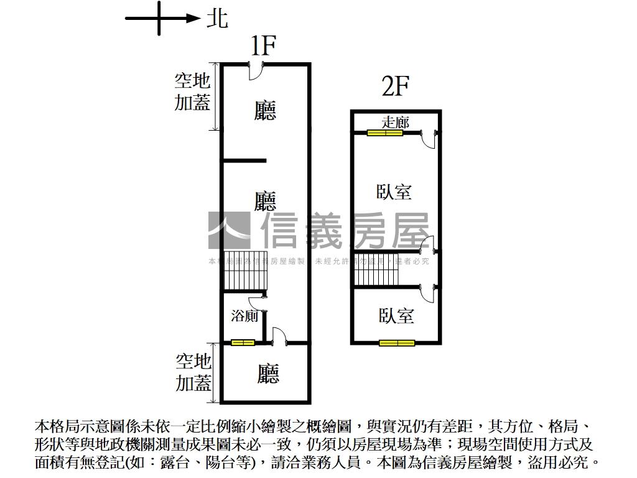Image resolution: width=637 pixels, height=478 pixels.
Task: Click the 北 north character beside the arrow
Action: click(217, 19)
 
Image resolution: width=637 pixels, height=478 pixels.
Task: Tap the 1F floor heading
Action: click(263, 46)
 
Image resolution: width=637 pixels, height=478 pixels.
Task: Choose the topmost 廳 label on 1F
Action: click(266, 111)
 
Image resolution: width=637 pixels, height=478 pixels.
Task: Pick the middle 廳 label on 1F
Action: click(266, 201)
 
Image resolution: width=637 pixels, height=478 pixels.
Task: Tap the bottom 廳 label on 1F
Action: click(268, 373)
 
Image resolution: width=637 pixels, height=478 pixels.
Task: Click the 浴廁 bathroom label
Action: click(244, 316)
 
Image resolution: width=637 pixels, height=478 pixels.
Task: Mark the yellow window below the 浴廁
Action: click(243, 342)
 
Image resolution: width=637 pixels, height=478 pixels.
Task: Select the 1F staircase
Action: click(244, 274)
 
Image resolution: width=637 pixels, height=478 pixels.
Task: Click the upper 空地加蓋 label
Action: click(192, 91)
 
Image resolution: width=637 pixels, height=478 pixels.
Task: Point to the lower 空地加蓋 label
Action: click(193, 372)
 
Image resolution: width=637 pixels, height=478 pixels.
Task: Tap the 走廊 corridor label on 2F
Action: click(395, 122)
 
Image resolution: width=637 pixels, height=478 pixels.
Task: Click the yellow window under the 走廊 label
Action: click(384, 132)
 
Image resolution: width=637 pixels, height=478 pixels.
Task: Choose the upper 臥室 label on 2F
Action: click(394, 191)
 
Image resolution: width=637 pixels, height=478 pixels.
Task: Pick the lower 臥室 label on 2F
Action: click(396, 316)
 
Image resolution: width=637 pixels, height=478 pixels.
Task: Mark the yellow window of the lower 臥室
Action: click(397, 342)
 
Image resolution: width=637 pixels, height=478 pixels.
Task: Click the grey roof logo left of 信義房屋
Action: click(229, 230)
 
